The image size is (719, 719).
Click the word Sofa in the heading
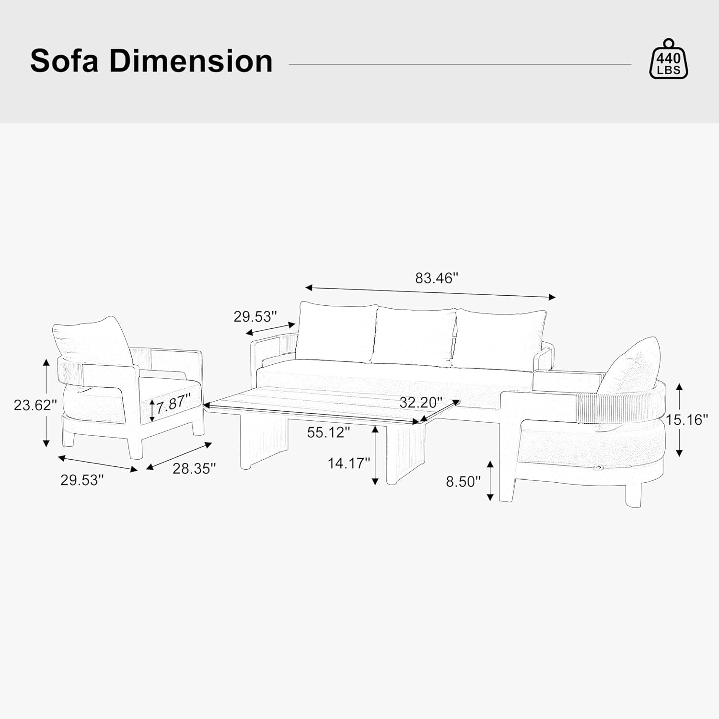tap(64, 61)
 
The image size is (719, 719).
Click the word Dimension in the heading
tap(191, 61)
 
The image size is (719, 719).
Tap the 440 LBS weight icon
tap(668, 58)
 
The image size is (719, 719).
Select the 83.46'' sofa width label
tap(437, 278)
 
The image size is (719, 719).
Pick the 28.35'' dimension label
tap(194, 468)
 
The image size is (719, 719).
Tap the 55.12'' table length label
tap(329, 432)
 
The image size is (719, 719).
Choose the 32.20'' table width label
tap(421, 403)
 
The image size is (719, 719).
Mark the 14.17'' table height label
tap(349, 463)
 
